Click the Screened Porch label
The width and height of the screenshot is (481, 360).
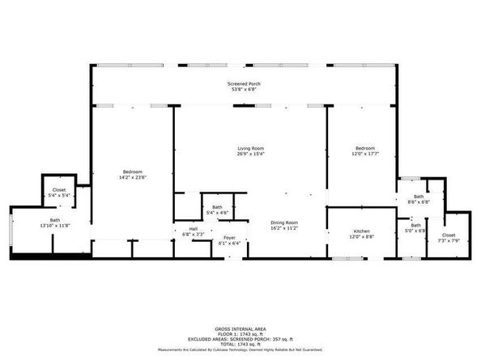(243, 83)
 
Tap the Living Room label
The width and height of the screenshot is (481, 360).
(251, 149)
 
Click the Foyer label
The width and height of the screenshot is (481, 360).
(230, 238)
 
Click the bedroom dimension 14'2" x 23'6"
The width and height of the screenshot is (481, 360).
(133, 177)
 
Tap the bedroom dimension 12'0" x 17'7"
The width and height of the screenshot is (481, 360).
(365, 154)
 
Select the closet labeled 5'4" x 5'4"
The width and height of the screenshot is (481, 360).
(59, 195)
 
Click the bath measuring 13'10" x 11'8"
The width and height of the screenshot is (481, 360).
(55, 226)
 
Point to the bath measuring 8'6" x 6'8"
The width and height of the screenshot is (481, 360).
(419, 202)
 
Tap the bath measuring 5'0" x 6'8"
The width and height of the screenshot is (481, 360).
(416, 230)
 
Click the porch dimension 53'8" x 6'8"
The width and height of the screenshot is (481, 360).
(243, 89)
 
